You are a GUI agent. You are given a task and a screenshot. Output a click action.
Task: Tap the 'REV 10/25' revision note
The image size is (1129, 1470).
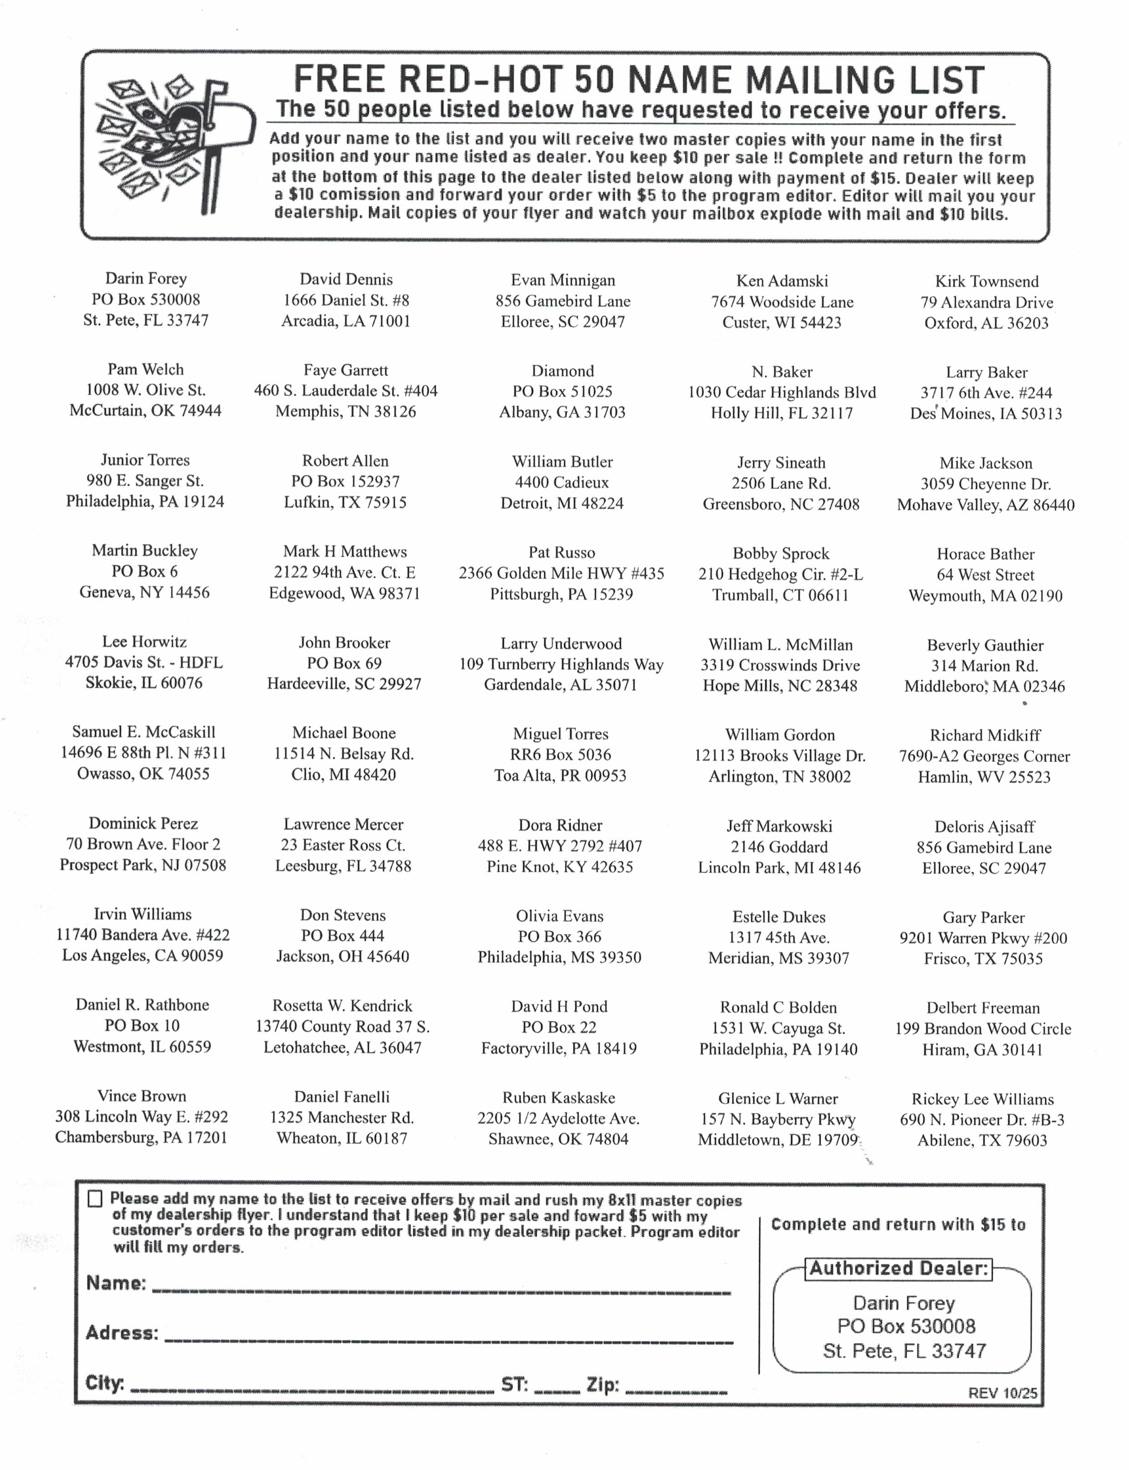[x=1002, y=1393]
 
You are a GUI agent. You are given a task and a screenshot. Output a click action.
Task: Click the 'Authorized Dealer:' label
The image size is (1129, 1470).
[x=899, y=1268]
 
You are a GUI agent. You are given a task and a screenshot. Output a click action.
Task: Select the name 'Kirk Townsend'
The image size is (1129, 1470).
[x=986, y=281]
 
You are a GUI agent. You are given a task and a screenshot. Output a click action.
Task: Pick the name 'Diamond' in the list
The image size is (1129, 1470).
[x=562, y=371]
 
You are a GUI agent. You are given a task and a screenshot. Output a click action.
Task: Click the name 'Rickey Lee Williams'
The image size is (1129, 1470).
[x=982, y=1099]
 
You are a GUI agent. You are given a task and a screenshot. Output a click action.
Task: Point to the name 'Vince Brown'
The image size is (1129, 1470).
[x=142, y=1096]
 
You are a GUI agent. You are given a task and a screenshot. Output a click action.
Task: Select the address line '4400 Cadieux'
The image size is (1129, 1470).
[x=562, y=483]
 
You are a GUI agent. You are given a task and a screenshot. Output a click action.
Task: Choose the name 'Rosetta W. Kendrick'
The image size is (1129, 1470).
[x=342, y=1006]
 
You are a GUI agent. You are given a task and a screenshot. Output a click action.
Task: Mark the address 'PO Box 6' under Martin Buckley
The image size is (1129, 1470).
[x=144, y=571]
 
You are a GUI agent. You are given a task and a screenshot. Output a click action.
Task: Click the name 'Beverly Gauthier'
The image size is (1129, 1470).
[x=985, y=646]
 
